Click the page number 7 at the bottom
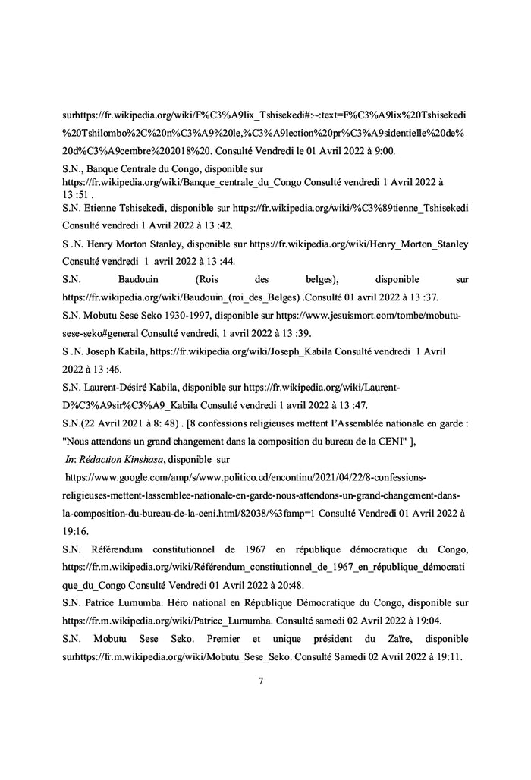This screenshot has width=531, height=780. point(261,681)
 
